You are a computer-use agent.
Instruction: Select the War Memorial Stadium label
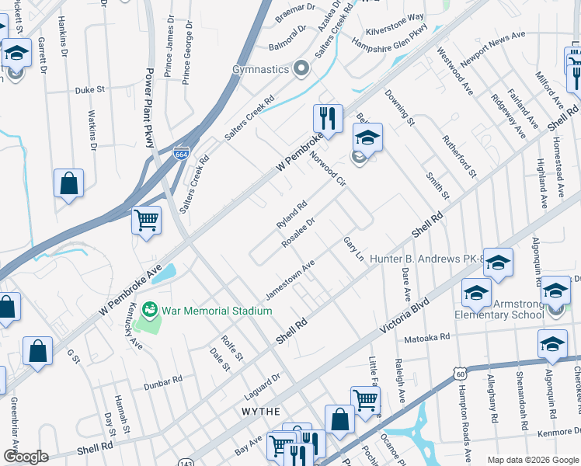point(217,311)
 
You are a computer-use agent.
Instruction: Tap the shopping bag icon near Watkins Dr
point(68,184)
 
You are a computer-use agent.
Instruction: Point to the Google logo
point(26,456)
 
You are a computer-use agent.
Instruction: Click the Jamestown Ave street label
point(290,280)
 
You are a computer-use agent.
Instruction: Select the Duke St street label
point(89,90)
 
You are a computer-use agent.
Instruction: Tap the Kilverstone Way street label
point(396,16)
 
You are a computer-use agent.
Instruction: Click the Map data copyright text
point(532,459)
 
